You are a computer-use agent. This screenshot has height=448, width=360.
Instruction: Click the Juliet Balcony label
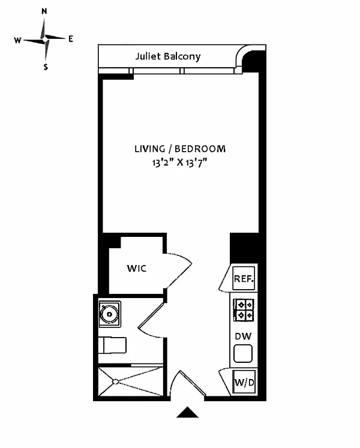pyautogui.click(x=168, y=56)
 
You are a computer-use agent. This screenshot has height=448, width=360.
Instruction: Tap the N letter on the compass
pyautogui.click(x=44, y=11)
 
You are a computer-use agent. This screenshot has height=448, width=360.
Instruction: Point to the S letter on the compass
pyautogui.click(x=46, y=67)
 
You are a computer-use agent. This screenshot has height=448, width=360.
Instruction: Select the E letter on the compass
pyautogui.click(x=71, y=39)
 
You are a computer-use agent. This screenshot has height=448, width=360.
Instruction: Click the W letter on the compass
pyautogui.click(x=18, y=40)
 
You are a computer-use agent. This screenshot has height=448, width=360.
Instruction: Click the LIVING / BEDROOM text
pyautogui.click(x=180, y=149)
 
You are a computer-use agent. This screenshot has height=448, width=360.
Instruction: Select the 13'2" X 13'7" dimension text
pyautogui.click(x=179, y=163)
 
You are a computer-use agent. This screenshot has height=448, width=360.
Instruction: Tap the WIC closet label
pyautogui.click(x=137, y=268)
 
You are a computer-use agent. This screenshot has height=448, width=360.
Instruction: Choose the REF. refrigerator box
pyautogui.click(x=244, y=278)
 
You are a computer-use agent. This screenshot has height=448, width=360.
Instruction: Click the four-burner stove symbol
pyautogui.click(x=244, y=310)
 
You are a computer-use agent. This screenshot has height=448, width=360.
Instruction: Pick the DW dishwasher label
pyautogui.click(x=243, y=336)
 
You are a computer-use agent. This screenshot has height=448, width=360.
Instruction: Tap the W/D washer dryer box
pyautogui.click(x=244, y=382)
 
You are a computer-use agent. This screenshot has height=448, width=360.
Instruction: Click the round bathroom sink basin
pyautogui.click(x=109, y=314)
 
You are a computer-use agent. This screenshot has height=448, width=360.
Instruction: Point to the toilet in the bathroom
pyautogui.click(x=112, y=345)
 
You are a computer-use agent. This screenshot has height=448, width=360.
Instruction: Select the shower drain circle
pyautogui.click(x=116, y=381)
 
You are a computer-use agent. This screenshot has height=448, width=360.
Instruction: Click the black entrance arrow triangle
pyautogui.click(x=187, y=412)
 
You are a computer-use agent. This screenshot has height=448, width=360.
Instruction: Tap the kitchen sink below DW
pyautogui.click(x=243, y=353)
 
